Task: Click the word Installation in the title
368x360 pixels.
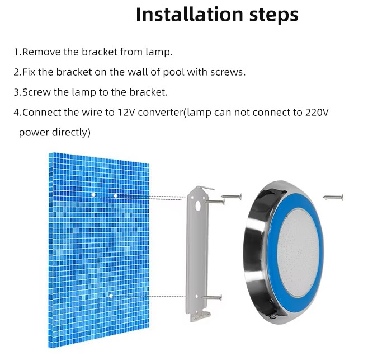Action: [x=190, y=14]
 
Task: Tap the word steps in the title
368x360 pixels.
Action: [x=274, y=15]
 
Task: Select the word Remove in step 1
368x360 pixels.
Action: [x=41, y=52]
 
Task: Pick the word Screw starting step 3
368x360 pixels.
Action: [x=36, y=92]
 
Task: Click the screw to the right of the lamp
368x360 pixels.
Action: [x=333, y=197]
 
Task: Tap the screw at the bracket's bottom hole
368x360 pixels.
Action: [x=212, y=297]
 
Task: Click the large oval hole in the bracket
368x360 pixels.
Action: [x=198, y=206]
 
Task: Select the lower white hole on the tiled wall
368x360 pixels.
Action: [x=111, y=296]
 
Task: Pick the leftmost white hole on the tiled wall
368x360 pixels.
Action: [x=93, y=195]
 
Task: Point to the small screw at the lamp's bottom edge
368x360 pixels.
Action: [x=273, y=316]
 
